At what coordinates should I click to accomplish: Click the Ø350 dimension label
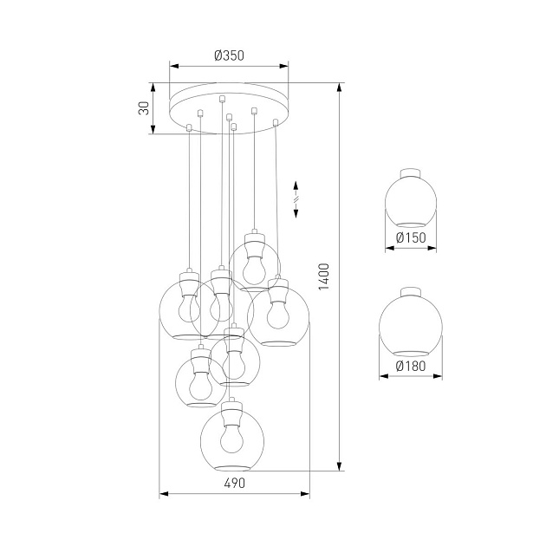(x=230, y=55)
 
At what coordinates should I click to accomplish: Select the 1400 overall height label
(x=324, y=277)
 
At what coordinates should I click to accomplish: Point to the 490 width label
(x=235, y=483)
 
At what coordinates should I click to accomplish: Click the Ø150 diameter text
(x=411, y=237)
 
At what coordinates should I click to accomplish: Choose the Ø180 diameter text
(x=411, y=366)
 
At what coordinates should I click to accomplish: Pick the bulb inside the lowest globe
(x=231, y=440)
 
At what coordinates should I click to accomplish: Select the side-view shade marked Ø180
(x=411, y=325)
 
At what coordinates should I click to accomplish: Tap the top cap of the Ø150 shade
(x=411, y=171)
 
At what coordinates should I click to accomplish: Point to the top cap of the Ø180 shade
(x=411, y=291)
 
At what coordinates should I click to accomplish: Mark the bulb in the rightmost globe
(x=277, y=314)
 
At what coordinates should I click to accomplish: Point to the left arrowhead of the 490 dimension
(x=164, y=495)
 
